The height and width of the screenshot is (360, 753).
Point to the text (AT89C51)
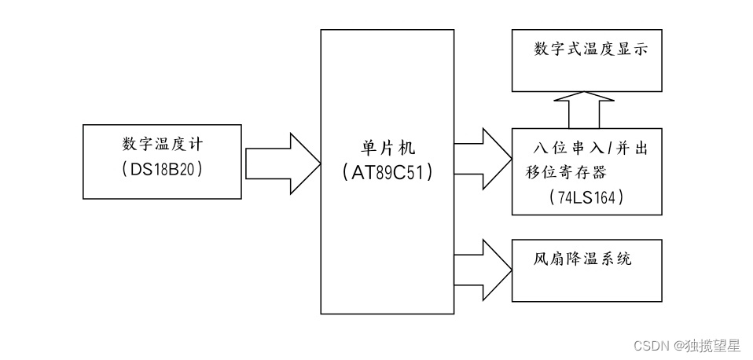point(388,174)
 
